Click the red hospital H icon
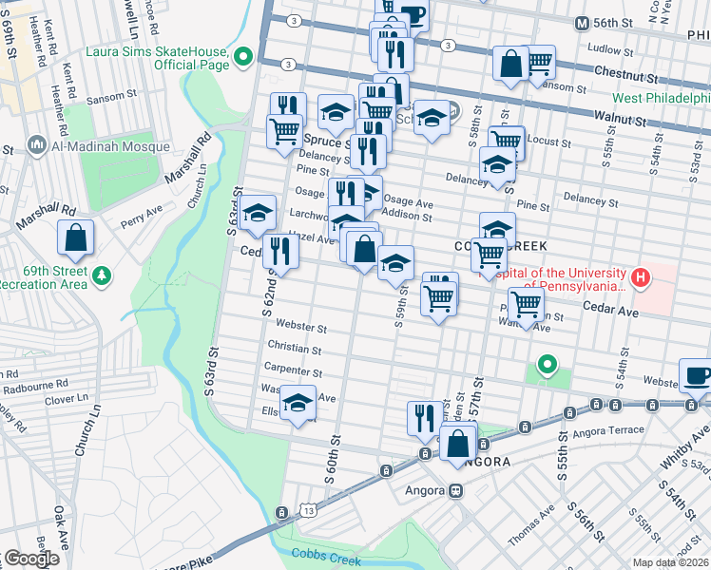point(643,278)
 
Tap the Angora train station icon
point(455,491)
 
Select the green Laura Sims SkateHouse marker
point(244,56)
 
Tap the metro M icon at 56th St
point(583,23)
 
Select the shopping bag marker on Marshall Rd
point(75,237)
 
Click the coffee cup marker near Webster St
point(697,374)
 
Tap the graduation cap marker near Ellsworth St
point(298,403)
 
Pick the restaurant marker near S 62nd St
point(280,250)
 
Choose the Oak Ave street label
point(61,526)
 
